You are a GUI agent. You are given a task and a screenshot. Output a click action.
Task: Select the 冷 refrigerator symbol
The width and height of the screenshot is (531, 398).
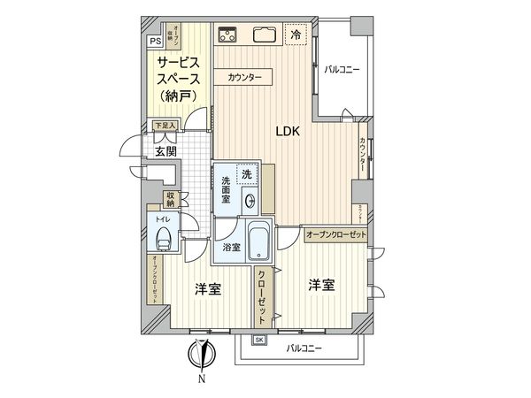(295, 35)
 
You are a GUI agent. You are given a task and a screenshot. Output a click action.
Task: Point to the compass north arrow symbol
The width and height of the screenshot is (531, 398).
(204, 356)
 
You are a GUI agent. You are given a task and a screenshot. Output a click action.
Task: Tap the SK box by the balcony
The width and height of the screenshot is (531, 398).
(259, 340)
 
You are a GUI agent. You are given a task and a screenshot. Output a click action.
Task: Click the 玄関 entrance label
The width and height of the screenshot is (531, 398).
(165, 151)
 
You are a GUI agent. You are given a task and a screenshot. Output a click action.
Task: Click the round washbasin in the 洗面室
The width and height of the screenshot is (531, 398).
(249, 199)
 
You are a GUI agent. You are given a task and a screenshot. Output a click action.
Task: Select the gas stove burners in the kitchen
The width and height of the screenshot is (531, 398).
(227, 35)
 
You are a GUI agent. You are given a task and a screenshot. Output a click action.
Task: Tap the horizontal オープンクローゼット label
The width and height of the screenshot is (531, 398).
(335, 236)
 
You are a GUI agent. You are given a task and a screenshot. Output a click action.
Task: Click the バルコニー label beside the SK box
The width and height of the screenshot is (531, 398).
(304, 348)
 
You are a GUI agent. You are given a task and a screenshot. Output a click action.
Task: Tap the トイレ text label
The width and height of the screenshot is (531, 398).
(162, 217)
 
